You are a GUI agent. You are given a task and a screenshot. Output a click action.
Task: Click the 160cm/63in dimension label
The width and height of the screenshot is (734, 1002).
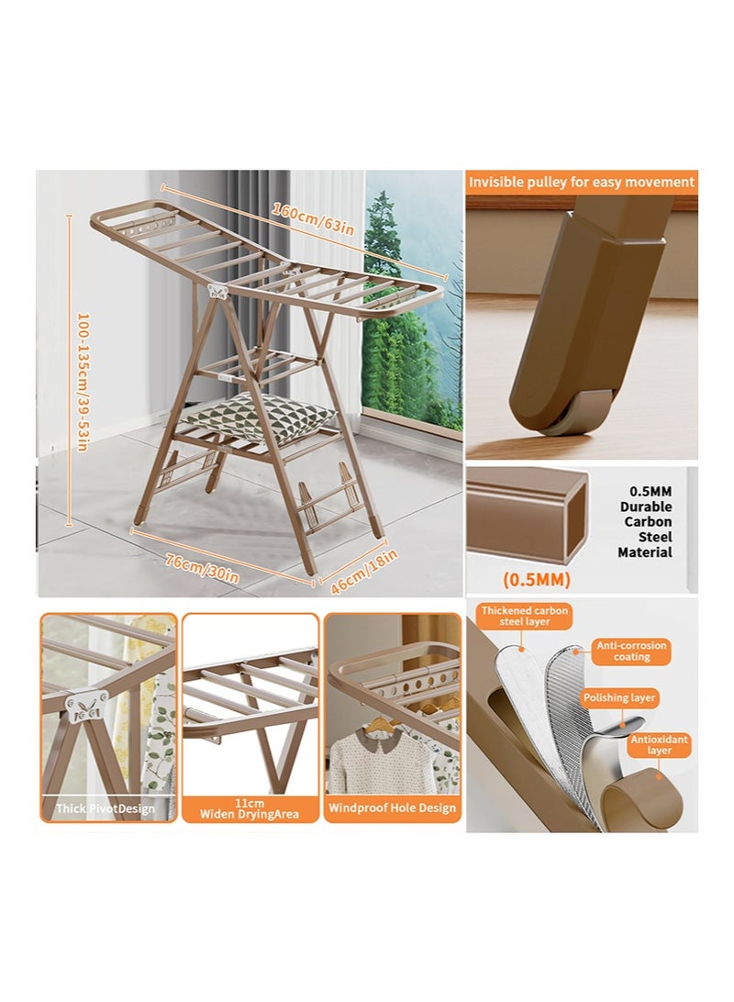tap(306, 221)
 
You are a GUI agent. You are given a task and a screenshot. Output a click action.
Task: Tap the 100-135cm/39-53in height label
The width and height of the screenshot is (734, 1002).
tap(82, 381)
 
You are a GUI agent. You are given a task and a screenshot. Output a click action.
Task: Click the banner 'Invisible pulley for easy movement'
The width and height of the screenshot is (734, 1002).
tap(582, 182)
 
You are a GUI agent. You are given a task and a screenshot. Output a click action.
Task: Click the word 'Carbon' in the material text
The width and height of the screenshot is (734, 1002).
tap(648, 521)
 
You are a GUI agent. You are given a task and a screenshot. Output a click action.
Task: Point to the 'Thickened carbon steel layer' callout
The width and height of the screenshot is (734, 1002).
tap(525, 616)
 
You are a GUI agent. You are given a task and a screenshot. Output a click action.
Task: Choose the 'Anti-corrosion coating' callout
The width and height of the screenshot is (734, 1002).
tap(632, 651)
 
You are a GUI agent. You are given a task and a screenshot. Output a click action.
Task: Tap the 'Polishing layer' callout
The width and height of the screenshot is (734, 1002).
tap(619, 698)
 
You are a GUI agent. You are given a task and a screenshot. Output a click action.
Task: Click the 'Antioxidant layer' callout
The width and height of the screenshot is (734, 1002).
tap(659, 744)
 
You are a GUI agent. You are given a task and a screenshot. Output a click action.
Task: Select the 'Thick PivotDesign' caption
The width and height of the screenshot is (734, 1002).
tap(106, 808)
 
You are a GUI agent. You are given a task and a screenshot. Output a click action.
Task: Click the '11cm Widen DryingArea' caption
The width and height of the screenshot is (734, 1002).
tap(250, 807)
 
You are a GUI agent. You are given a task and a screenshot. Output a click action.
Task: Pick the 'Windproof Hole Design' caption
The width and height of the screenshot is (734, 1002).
tap(392, 808)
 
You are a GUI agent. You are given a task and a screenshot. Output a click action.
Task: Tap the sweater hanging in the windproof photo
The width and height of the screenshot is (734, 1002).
tap(380, 760)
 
